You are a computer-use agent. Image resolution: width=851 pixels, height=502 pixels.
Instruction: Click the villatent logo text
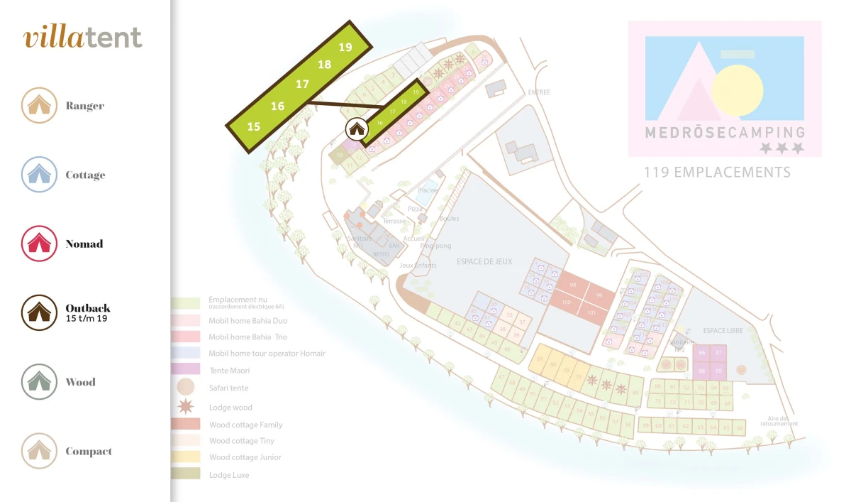[x=83, y=38]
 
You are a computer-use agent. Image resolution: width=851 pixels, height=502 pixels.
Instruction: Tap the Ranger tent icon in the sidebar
[x=39, y=105]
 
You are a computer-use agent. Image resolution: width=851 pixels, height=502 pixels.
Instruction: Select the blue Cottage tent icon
[x=39, y=175]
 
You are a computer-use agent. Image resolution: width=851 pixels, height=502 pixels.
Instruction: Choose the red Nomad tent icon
[x=39, y=244]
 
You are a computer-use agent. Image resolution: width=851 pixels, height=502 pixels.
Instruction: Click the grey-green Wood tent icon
[x=39, y=382]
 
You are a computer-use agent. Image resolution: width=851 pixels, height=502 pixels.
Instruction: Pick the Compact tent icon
[x=39, y=451]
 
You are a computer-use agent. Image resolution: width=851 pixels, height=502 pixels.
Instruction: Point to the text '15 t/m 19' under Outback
[x=87, y=319]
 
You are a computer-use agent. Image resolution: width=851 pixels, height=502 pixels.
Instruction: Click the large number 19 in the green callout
[x=345, y=48]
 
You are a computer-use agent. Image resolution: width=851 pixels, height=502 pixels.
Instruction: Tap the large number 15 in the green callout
[x=254, y=126]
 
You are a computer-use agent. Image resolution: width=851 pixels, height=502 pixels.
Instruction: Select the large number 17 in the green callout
[x=303, y=84]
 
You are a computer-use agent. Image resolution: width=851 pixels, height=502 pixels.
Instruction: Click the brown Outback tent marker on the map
[x=356, y=129]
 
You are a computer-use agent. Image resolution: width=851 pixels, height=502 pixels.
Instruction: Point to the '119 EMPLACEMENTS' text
[x=716, y=173]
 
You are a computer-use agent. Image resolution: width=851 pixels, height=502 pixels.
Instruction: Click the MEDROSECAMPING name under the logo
[x=725, y=132]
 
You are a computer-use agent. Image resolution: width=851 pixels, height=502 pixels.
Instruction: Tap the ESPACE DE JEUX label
[x=484, y=262]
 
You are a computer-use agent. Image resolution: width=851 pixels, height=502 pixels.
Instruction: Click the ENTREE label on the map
[x=538, y=92]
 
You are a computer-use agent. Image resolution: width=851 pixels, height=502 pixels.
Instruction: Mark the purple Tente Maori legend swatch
[x=186, y=370]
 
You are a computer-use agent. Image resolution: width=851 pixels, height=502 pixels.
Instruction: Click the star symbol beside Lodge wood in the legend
[x=186, y=407]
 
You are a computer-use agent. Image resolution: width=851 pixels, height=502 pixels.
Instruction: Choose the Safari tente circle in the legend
[x=186, y=388]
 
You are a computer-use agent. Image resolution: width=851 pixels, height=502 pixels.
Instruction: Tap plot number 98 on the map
[x=573, y=285]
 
